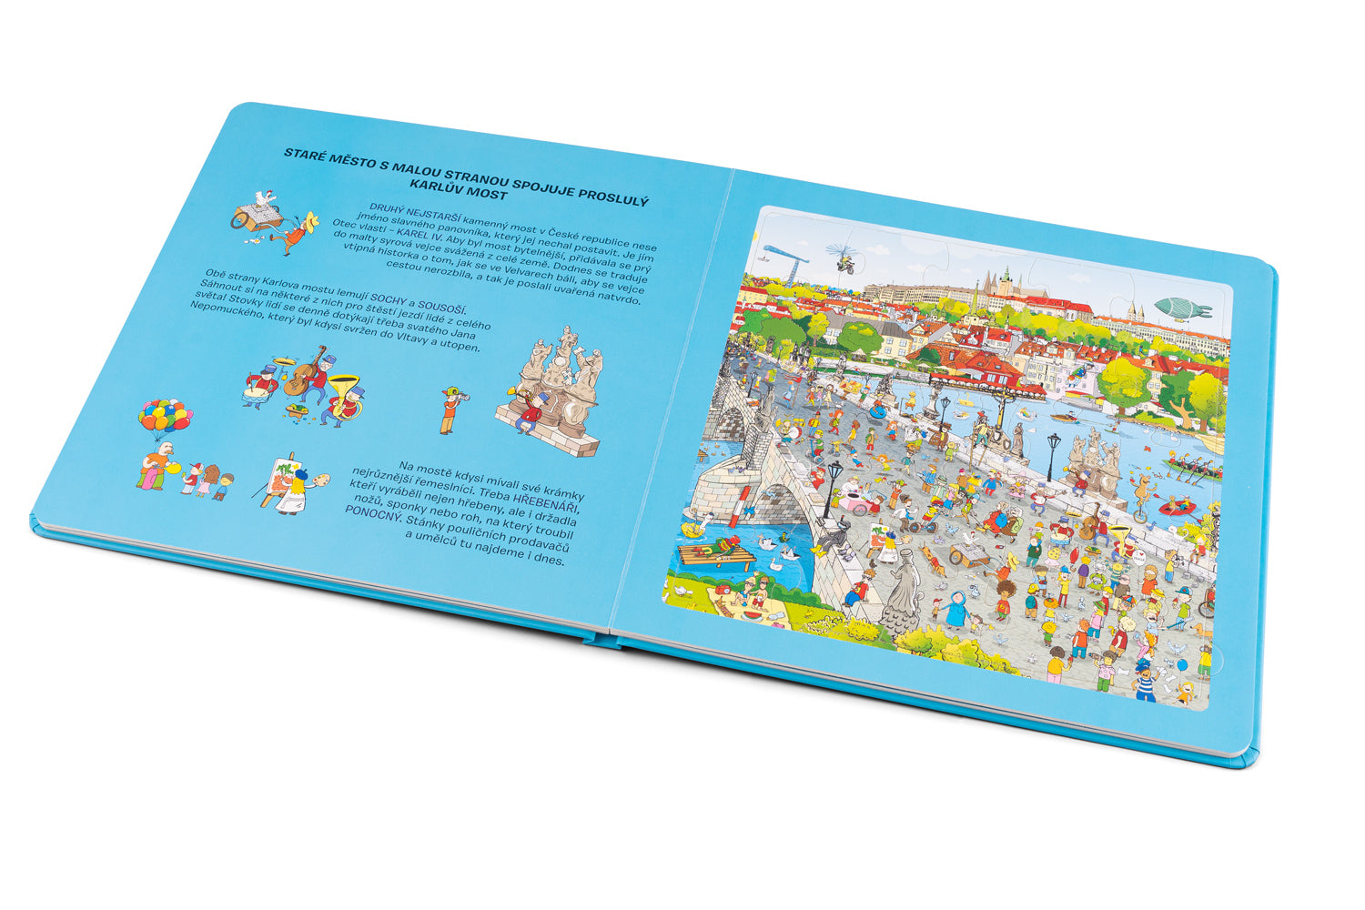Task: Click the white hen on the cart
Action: click(263, 198)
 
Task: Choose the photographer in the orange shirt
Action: click(450, 410)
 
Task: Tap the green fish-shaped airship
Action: click(1180, 307)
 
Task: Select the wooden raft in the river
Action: click(715, 553)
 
